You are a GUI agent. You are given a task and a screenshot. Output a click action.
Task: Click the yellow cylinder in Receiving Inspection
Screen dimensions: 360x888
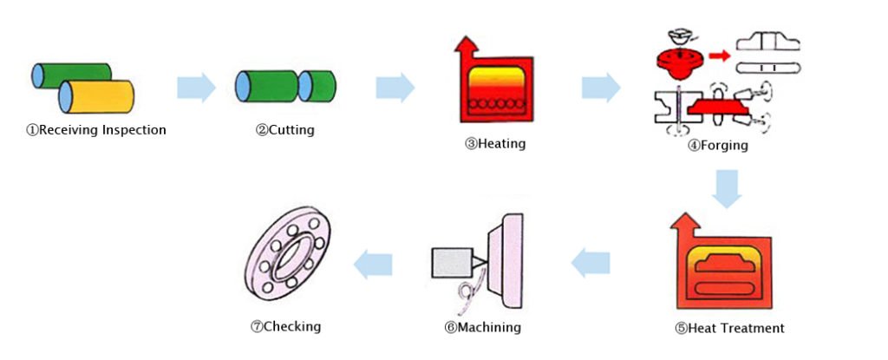click(x=97, y=96)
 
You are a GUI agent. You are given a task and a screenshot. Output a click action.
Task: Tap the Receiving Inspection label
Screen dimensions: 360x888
click(x=95, y=130)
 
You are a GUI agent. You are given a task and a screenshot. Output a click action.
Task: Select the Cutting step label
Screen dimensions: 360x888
click(x=284, y=130)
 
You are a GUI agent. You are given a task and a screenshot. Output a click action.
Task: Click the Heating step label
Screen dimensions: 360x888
click(x=495, y=143)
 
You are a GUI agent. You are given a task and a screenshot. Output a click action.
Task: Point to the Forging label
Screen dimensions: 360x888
click(x=717, y=146)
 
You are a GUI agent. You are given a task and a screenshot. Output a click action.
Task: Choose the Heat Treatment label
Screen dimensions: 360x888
click(x=729, y=328)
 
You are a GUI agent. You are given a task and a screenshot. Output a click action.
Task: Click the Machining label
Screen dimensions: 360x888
click(x=482, y=327)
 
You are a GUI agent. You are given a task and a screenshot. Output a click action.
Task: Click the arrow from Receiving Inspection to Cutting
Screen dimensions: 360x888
click(x=196, y=88)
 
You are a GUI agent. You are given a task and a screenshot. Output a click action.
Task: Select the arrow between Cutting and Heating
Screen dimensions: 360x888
click(x=395, y=88)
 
